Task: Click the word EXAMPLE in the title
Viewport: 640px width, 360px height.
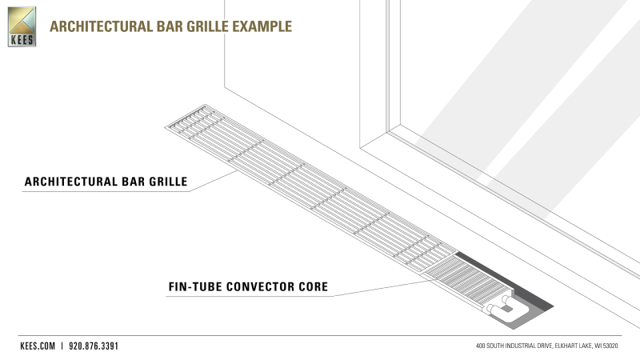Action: (x=262, y=26)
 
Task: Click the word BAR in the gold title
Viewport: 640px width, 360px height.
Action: (x=158, y=26)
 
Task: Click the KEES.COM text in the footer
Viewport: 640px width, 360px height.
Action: (x=37, y=346)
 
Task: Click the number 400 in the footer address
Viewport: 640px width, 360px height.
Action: (x=482, y=346)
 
